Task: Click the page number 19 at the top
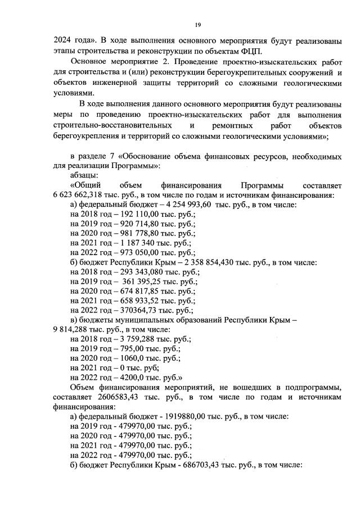click(198, 24)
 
